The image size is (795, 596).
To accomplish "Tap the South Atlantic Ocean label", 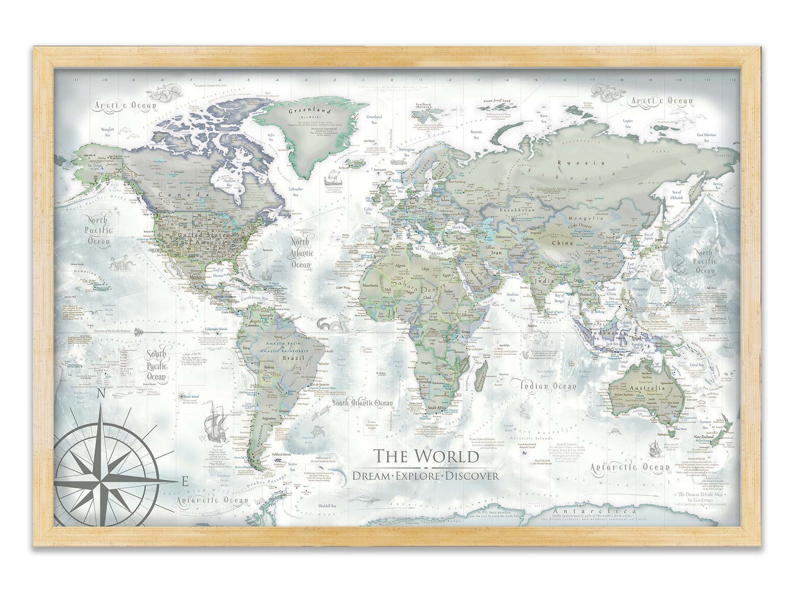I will click(362, 403).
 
